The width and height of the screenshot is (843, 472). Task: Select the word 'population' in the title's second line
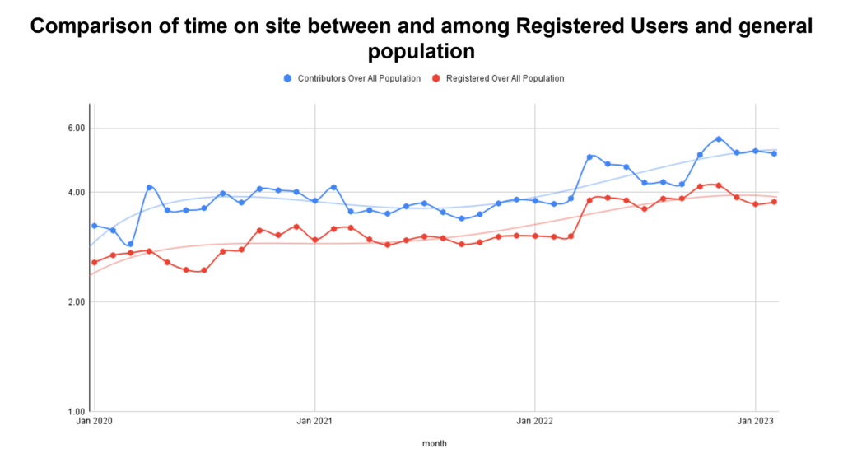coord(421,51)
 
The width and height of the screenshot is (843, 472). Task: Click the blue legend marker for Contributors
coord(287,78)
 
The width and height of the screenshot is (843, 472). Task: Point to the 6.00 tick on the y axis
coord(76,129)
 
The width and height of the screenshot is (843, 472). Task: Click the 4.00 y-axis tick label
coord(76,193)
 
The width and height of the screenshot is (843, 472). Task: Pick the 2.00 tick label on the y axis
coord(76,302)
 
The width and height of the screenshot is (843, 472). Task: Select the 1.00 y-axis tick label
coord(76,411)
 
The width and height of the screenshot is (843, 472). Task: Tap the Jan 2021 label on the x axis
coord(315,422)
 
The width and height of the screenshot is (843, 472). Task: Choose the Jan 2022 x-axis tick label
coord(535,422)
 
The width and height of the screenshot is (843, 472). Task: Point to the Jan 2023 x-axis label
coord(755,422)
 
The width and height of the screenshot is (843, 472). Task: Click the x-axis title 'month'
coord(434,443)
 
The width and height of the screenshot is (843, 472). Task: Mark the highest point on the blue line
coord(719,138)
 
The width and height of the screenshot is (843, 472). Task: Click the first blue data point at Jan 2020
coord(95,226)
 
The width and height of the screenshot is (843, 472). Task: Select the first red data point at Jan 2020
coord(95,262)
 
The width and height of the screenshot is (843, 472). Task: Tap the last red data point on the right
coord(774,202)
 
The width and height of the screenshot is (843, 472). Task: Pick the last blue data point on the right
coord(774,153)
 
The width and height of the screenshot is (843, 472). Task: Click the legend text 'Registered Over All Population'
coord(505,78)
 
